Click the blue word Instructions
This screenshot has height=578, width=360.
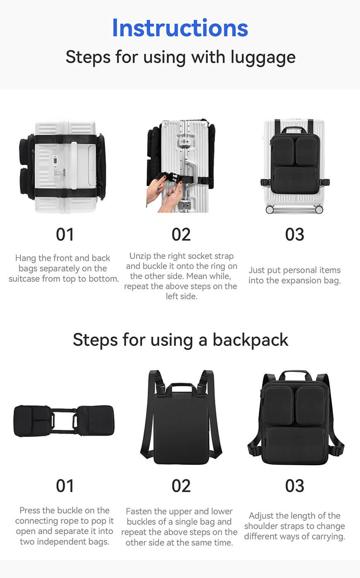coord(180,28)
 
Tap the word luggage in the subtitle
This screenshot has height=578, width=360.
coord(263,58)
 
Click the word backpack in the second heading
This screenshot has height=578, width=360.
coord(250,340)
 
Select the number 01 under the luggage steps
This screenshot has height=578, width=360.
coord(65,234)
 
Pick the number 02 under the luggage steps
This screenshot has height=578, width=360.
coord(181,234)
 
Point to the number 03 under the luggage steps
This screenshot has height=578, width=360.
coord(294,234)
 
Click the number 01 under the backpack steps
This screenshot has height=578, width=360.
coord(65,486)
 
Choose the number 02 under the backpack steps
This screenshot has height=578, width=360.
coord(181,486)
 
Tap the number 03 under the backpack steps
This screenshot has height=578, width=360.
coord(294,486)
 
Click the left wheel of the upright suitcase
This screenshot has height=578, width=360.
coord(270,209)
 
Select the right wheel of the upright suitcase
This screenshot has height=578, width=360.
coord(319,209)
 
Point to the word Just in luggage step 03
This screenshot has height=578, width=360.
coord(257,270)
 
